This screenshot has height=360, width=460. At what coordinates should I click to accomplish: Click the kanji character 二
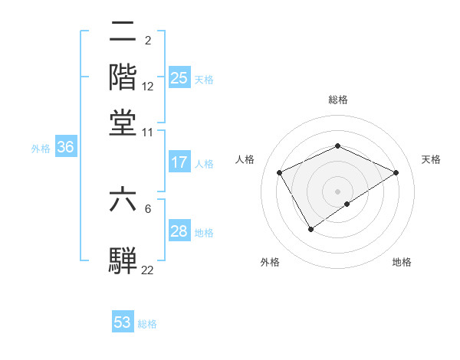[123, 31]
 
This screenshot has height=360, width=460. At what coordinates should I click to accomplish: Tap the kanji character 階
[123, 77]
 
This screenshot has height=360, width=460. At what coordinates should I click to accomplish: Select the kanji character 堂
[123, 122]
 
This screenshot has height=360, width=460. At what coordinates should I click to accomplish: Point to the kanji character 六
[123, 200]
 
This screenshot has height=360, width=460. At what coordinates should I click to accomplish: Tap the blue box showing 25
[179, 78]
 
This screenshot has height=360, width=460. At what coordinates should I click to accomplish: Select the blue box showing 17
[179, 162]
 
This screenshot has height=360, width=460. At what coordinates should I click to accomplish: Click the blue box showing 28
[179, 231]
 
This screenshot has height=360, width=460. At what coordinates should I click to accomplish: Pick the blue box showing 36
[65, 148]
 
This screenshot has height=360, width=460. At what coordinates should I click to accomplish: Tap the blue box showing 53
[123, 322]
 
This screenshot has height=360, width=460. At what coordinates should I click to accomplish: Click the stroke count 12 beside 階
[148, 87]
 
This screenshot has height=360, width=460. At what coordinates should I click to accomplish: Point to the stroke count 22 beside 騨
[148, 269]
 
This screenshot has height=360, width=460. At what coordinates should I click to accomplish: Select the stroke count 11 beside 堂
[148, 132]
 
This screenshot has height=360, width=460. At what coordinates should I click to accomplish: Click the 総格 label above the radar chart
[337, 100]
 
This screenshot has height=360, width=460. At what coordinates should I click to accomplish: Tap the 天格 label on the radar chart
[432, 159]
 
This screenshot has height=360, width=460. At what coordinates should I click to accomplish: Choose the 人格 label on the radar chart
[245, 159]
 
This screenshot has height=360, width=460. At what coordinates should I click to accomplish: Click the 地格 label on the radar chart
[402, 262]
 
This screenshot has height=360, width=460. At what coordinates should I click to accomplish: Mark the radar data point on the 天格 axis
[396, 172]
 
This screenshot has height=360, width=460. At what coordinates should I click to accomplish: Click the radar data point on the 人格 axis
[280, 172]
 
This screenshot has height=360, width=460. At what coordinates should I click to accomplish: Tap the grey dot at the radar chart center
[337, 191]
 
